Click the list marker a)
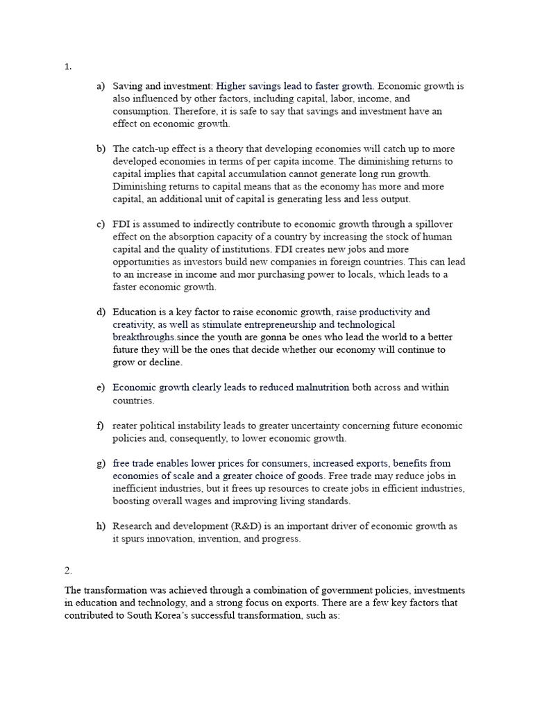101,86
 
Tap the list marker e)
101,387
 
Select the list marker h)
101,526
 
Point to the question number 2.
68,570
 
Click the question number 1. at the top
68,67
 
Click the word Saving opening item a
128,86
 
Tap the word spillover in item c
434,224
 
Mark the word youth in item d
223,337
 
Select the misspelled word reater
126,426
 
